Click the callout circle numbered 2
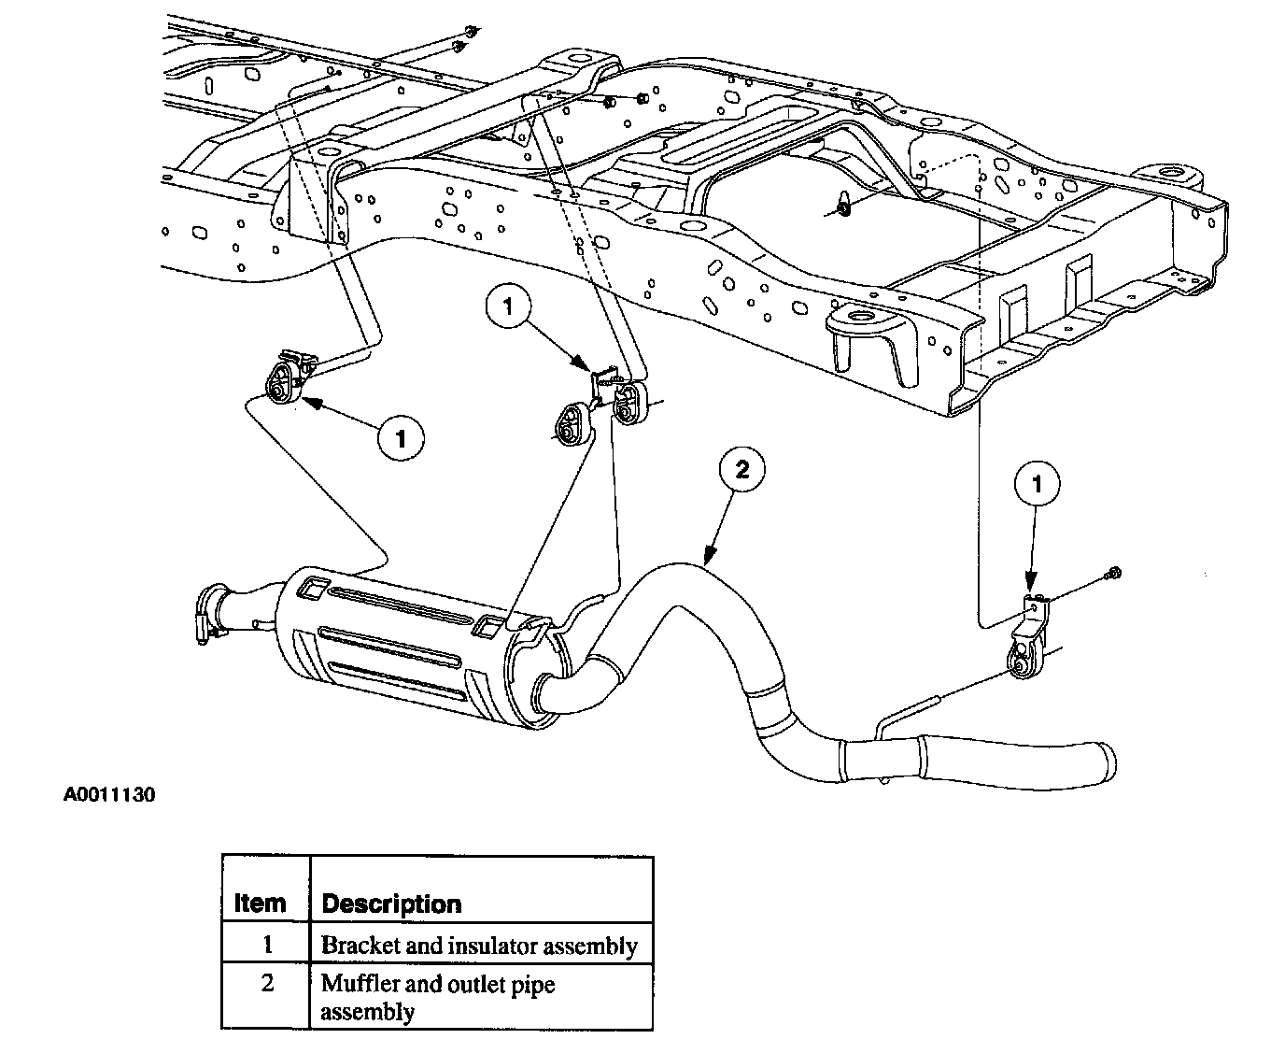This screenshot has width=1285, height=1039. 741,470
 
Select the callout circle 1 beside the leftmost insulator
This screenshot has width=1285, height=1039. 401,438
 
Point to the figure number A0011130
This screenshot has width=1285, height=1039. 109,796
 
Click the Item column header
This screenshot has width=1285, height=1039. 260,904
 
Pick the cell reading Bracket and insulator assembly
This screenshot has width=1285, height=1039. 480,945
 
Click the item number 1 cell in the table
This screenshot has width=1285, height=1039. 267,945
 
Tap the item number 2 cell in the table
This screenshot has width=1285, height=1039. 267,984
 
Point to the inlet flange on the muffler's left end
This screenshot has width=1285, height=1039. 211,612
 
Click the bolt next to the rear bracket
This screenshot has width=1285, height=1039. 1112,573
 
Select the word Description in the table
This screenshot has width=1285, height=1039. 391,904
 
